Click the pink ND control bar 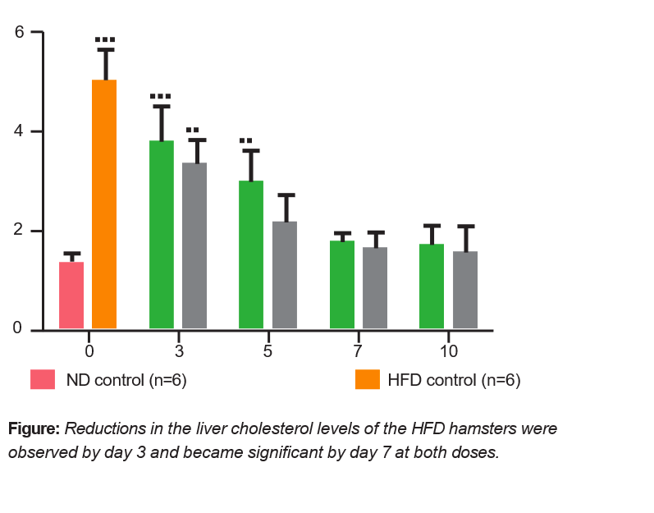pos(71,296)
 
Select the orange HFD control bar pos(104,205)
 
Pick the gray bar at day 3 pos(194,246)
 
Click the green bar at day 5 pos(251,255)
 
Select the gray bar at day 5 pos(285,276)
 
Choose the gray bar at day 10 pos(465,291)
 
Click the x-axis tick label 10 pos(448,350)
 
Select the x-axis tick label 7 pos(358,350)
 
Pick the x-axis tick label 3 pos(179,350)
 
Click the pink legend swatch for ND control pos(43,380)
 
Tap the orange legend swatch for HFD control pos(367,380)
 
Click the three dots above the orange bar pos(105,39)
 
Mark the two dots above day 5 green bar pos(246,140)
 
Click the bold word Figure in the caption pos(34,428)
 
